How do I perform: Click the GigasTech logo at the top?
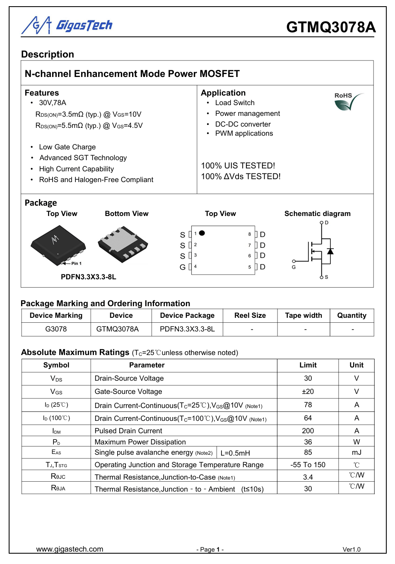tap(67, 26)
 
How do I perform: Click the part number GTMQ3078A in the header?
tap(331, 27)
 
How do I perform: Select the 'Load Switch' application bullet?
tap(234, 103)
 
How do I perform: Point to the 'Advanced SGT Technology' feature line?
tap(83, 158)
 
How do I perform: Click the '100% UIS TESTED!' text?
tap(238, 166)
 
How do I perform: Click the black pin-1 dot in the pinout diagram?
tap(202, 233)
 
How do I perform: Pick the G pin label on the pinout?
tap(182, 267)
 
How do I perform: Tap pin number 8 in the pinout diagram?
tap(250, 234)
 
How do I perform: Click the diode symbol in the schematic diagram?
tap(330, 251)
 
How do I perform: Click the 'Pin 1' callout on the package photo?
tap(76, 263)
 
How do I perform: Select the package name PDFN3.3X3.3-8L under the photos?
tap(89, 277)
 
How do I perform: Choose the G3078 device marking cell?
tap(56, 329)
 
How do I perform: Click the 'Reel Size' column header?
tap(250, 315)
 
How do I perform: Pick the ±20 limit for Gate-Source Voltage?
tap(308, 391)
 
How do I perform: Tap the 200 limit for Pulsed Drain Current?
tap(308, 431)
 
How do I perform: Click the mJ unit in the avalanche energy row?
tap(356, 452)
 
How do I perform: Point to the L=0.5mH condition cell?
tap(235, 453)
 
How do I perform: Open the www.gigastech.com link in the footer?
tap(70, 549)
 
